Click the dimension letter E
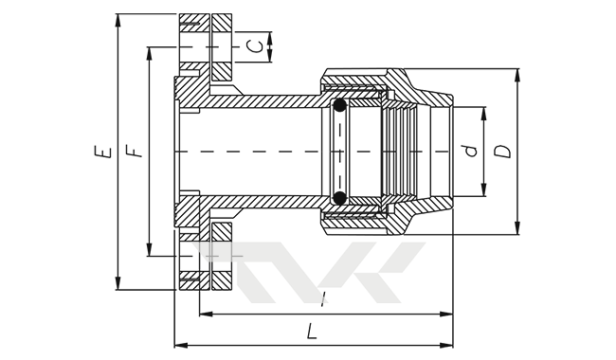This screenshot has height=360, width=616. pyautogui.click(x=103, y=152)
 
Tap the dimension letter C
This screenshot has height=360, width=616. pyautogui.click(x=255, y=46)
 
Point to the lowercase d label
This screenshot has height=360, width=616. pyautogui.click(x=470, y=152)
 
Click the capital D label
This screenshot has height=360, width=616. pyautogui.click(x=502, y=152)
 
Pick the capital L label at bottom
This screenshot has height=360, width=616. pyautogui.click(x=312, y=331)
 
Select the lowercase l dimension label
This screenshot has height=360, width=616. pyautogui.click(x=323, y=299)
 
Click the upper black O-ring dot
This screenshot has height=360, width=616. pyautogui.click(x=339, y=105)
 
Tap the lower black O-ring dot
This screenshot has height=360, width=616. pyautogui.click(x=339, y=197)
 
